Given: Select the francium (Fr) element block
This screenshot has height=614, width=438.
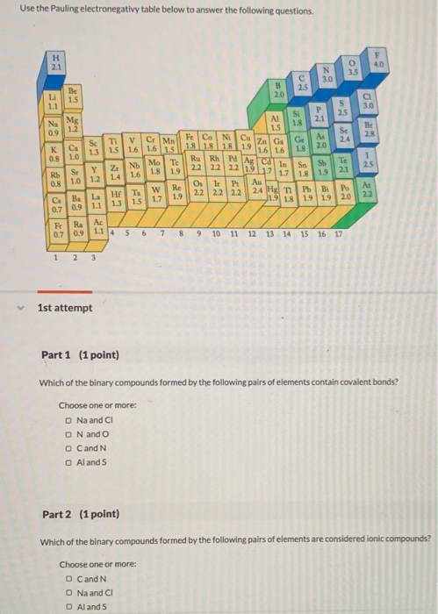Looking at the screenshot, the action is pos(59,231).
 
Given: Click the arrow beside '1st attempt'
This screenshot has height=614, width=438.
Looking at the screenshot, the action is pos(23,309).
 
